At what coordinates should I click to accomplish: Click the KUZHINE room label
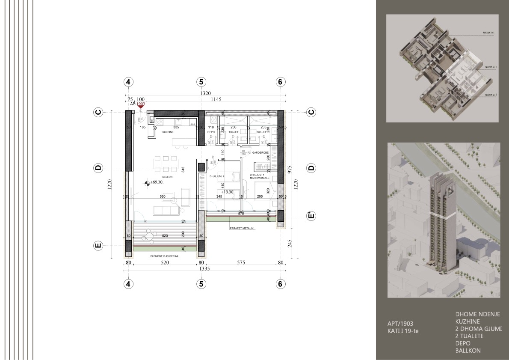coord(168,132)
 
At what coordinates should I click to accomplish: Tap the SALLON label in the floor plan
coord(161,176)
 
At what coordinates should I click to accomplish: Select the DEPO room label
coord(211,132)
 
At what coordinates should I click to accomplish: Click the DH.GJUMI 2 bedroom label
coord(217,176)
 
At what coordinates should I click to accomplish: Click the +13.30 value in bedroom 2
coord(227,192)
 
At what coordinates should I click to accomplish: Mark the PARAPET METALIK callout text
coord(242,228)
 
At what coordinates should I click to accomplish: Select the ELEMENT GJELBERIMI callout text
coord(164,256)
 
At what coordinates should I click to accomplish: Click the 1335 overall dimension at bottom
coord(203,269)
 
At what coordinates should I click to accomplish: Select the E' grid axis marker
coord(311,216)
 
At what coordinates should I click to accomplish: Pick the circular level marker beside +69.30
coord(148,183)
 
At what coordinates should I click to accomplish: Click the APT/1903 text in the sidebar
coord(400,323)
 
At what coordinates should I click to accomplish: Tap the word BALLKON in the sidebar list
coord(468,351)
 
